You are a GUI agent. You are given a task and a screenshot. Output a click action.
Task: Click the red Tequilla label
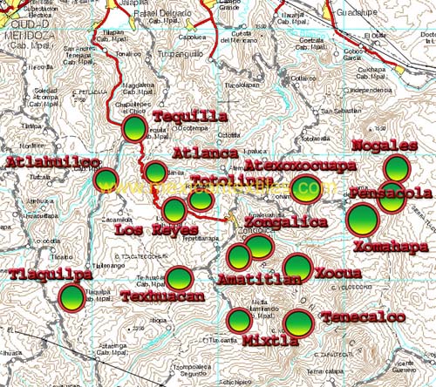click(190, 116)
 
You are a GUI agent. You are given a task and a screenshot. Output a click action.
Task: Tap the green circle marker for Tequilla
click(135, 130)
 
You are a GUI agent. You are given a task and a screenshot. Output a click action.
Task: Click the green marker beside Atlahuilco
click(106, 180)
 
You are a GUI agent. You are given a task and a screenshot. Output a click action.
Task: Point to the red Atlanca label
click(205, 153)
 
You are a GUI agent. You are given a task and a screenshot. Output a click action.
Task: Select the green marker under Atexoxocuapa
click(307, 186)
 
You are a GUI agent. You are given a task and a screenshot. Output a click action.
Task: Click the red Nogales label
click(384, 145)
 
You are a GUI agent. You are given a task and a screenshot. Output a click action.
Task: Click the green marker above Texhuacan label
click(180, 278)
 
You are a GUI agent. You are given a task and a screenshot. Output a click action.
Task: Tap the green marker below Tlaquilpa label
click(72, 298)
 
